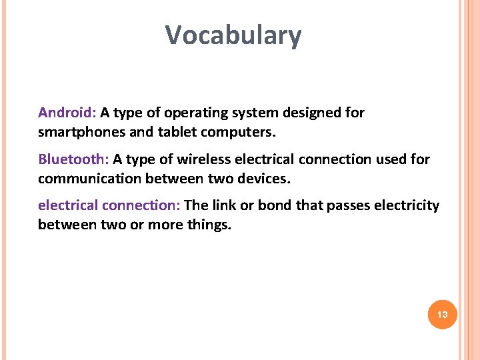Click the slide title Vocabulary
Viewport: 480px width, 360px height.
pyautogui.click(x=233, y=35)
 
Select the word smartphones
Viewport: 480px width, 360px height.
pyautogui.click(x=81, y=133)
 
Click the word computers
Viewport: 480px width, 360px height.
pyautogui.click(x=241, y=133)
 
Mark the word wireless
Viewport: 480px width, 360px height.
pyautogui.click(x=203, y=159)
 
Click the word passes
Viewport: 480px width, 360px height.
pyautogui.click(x=347, y=205)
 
